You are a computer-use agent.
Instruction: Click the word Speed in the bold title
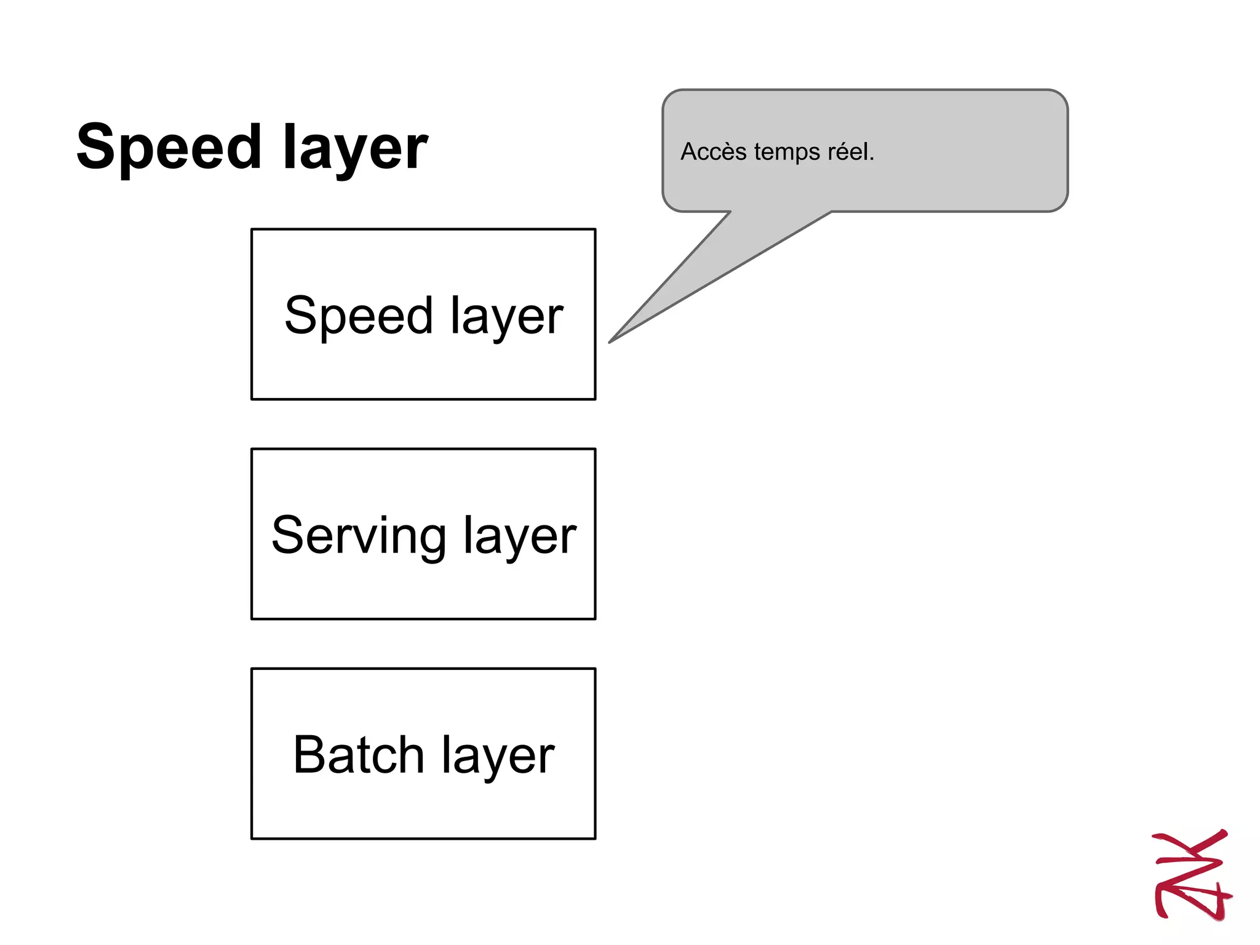click(169, 148)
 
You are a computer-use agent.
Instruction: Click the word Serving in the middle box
click(359, 535)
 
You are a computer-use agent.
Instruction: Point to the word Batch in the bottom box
click(359, 755)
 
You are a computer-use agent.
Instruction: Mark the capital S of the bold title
click(99, 146)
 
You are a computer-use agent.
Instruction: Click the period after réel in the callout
click(871, 159)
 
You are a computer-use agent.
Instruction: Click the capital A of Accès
click(688, 152)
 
